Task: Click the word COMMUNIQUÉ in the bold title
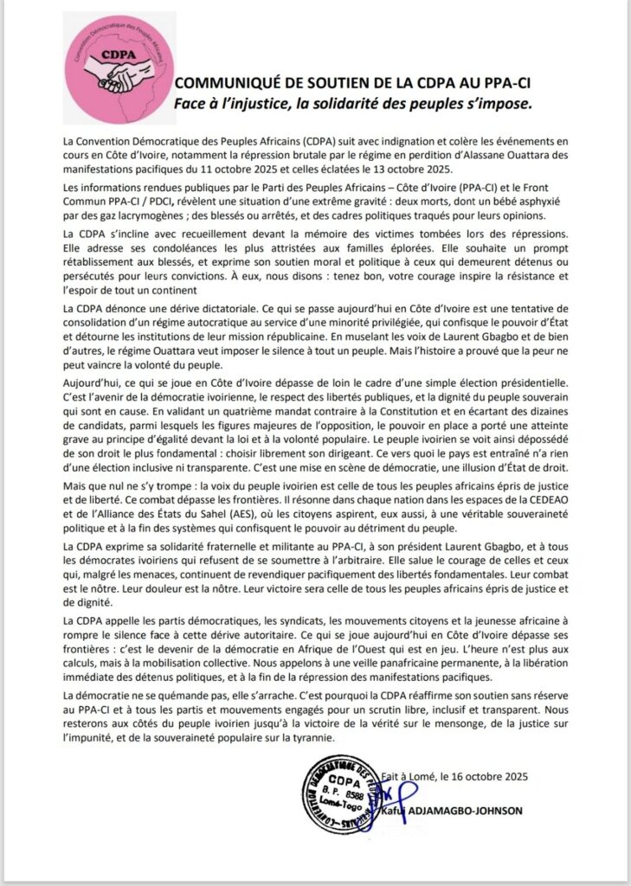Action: tap(226, 83)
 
